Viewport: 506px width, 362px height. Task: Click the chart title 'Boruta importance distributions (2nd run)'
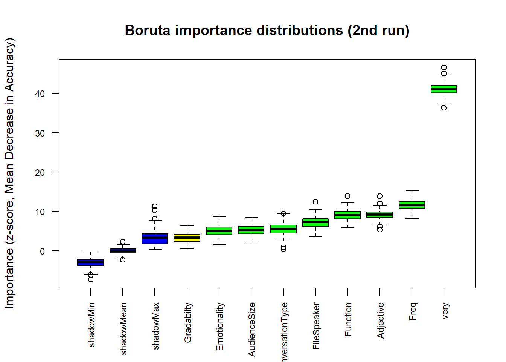[x=267, y=31]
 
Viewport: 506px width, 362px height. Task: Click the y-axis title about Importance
[x=9, y=173]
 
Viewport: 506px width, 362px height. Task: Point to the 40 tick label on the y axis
[x=40, y=94]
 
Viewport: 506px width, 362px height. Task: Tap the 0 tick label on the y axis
[x=42, y=251]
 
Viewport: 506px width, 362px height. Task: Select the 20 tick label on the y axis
[x=40, y=172]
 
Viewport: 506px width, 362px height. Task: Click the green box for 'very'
[x=444, y=89]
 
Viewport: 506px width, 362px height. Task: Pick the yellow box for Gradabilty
[x=187, y=238]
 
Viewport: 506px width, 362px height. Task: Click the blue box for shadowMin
[x=91, y=262]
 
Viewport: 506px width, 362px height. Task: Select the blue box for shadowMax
[x=155, y=239]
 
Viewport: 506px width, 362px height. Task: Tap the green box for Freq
[x=412, y=205]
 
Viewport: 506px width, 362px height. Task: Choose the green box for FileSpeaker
[x=315, y=222]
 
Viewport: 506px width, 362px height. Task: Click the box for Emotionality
[x=219, y=231]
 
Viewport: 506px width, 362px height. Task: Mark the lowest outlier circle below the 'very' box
[x=444, y=108]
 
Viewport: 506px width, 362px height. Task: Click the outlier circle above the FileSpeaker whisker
[x=315, y=202]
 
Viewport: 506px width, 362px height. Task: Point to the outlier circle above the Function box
[x=347, y=196]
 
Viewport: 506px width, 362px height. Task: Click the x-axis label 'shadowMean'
[x=123, y=328]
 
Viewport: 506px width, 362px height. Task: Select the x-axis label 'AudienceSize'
[x=252, y=329]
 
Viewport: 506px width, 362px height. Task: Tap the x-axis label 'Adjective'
[x=381, y=320]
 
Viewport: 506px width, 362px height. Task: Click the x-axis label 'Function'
[x=348, y=319]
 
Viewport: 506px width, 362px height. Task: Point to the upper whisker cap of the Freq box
[x=412, y=191]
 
